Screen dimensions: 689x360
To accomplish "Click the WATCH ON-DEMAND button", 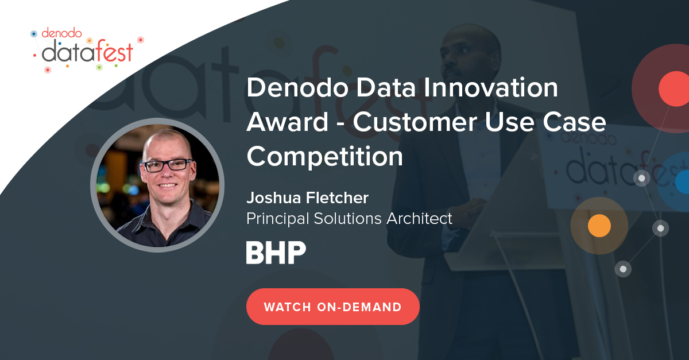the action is tap(333, 307).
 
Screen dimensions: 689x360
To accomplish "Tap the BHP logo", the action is tap(276, 252).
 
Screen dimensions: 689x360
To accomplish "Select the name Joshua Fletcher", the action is tap(307, 198).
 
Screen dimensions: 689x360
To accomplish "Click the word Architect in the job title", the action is tap(419, 218).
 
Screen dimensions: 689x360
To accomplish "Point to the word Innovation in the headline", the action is tap(490, 88).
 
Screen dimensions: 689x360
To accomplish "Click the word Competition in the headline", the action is tap(324, 156).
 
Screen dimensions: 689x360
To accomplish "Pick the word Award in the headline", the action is tap(287, 122).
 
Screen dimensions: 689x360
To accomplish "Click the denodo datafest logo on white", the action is tap(87, 50).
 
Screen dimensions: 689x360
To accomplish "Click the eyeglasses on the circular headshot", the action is tap(168, 165).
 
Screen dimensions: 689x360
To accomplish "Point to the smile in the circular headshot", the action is tap(168, 185).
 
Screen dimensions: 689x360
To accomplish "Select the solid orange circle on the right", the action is tap(599, 226).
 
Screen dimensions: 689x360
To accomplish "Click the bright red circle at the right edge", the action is tap(675, 89).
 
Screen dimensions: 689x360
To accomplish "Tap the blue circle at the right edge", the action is tap(683, 182).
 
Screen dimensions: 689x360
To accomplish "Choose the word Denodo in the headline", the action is tap(297, 88).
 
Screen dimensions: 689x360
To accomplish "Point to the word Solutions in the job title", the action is tap(347, 218).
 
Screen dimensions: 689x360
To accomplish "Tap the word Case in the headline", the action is tap(574, 122).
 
